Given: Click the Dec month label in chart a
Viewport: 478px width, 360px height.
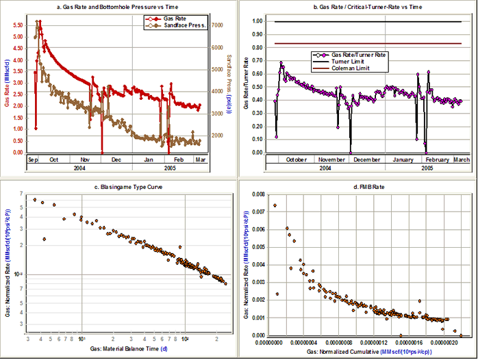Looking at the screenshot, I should click(116, 159).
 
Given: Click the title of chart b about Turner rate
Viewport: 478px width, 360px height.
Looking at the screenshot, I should click(356, 6).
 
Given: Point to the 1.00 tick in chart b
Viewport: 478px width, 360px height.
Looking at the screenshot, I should click(257, 21).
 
